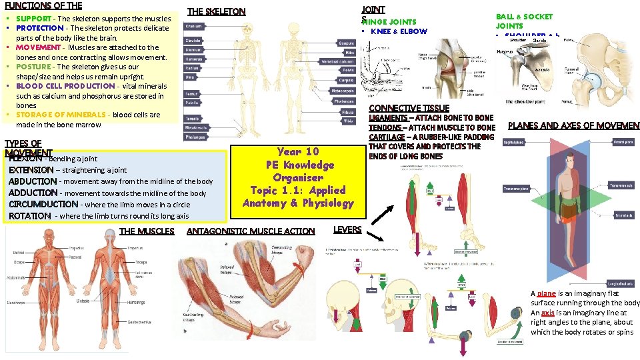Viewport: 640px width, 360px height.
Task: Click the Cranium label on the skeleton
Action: tap(194, 27)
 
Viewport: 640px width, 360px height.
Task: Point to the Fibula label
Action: tap(348, 112)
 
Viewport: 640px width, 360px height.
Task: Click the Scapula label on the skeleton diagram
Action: tap(347, 43)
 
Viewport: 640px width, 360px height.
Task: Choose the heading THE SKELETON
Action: tap(217, 11)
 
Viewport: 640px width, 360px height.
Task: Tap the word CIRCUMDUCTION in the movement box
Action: tap(43, 204)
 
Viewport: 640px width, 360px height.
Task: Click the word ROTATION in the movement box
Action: tap(30, 216)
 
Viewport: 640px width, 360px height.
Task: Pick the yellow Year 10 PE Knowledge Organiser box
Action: tap(297, 177)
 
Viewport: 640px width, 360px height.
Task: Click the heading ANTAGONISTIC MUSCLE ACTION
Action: tap(251, 231)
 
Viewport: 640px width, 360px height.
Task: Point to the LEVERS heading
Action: tap(347, 230)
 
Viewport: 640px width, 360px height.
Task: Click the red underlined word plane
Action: tap(546, 293)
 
